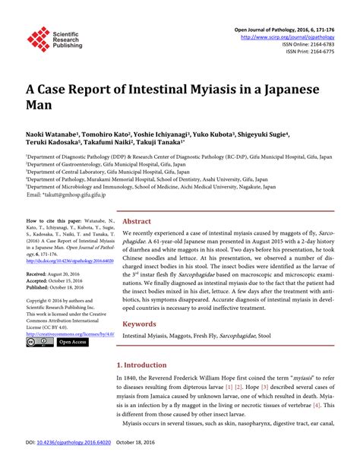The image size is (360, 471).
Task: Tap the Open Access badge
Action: [71, 343]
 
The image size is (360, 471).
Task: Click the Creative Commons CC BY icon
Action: [35, 343]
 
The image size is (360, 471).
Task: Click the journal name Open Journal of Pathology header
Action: [291, 27]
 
